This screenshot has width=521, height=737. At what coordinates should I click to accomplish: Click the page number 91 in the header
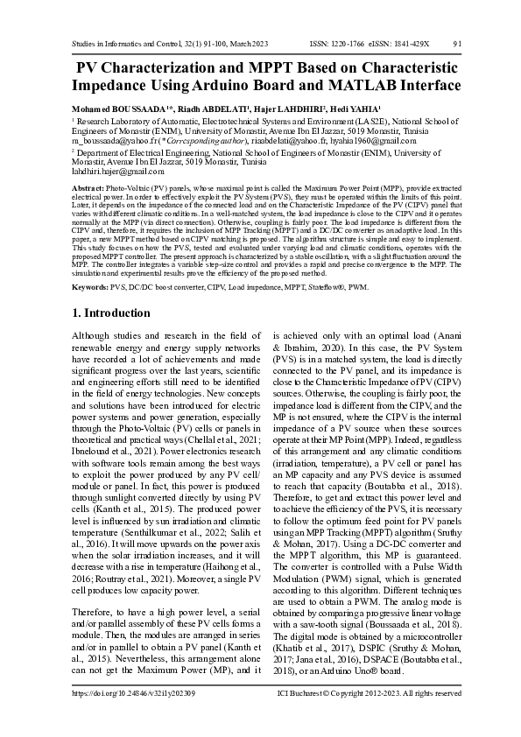click(456, 43)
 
